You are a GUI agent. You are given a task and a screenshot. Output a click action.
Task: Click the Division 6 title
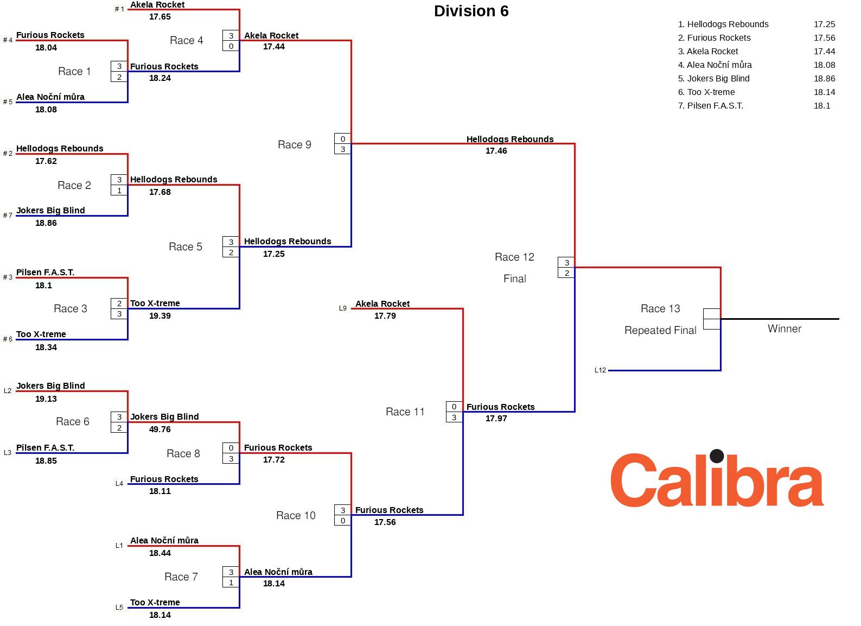[x=471, y=11]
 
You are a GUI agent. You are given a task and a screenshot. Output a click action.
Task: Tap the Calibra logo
[x=717, y=479]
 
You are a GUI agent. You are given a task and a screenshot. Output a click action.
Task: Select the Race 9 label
[x=294, y=144]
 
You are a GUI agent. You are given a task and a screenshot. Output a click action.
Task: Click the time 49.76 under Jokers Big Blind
[x=160, y=429]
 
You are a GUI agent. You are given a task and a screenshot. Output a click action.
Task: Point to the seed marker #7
[x=8, y=216]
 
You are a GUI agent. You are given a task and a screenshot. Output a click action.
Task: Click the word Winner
[x=784, y=328]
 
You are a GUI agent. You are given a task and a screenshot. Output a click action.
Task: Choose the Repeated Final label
[x=660, y=330]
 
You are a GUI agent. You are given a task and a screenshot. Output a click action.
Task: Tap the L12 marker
[x=600, y=370]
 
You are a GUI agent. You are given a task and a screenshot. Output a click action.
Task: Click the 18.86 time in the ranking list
[x=824, y=78]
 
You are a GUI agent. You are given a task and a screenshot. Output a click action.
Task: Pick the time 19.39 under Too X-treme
[x=160, y=316]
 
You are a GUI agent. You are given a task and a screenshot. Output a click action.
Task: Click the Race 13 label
[x=660, y=308]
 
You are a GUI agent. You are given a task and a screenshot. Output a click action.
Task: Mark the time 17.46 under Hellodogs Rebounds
[x=496, y=151]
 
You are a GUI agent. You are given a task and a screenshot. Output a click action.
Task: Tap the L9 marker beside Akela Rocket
[x=342, y=308]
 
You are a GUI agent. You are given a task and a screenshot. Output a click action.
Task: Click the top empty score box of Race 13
[x=711, y=314]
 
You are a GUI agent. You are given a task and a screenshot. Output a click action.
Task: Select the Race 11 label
[x=405, y=412]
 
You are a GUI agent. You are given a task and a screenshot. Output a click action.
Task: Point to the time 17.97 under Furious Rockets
[x=496, y=419]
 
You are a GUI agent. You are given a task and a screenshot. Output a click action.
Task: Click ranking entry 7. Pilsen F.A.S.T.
[x=710, y=105]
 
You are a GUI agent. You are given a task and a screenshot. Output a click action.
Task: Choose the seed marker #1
[x=119, y=9]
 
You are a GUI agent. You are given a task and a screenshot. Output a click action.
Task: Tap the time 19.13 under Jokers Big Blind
[x=46, y=399]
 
